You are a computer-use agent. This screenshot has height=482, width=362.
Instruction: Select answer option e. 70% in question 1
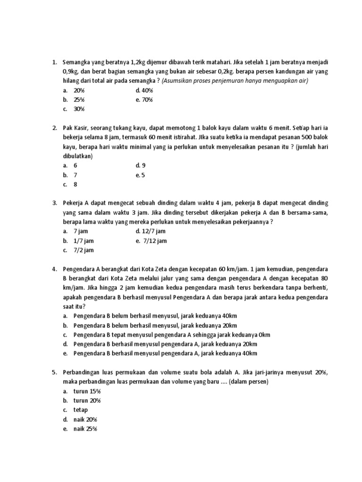click(144, 100)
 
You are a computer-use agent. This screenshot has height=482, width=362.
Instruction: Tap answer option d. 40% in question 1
click(145, 90)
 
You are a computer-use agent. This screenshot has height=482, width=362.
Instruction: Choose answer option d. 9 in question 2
click(140, 166)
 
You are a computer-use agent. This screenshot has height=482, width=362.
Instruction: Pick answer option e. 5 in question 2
click(140, 175)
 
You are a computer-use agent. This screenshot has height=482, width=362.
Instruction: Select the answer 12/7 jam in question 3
click(150, 231)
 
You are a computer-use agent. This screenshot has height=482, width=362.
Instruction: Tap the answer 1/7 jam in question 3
click(83, 241)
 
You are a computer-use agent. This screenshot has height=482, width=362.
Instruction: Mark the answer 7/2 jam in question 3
click(83, 250)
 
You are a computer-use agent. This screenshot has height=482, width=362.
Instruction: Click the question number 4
click(54, 269)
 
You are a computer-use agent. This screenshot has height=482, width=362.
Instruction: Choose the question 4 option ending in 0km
click(172, 335)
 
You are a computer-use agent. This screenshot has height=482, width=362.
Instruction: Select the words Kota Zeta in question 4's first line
click(151, 269)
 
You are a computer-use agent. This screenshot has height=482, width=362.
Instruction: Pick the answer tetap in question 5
click(81, 410)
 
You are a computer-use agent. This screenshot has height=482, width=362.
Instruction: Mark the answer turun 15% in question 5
click(87, 391)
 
